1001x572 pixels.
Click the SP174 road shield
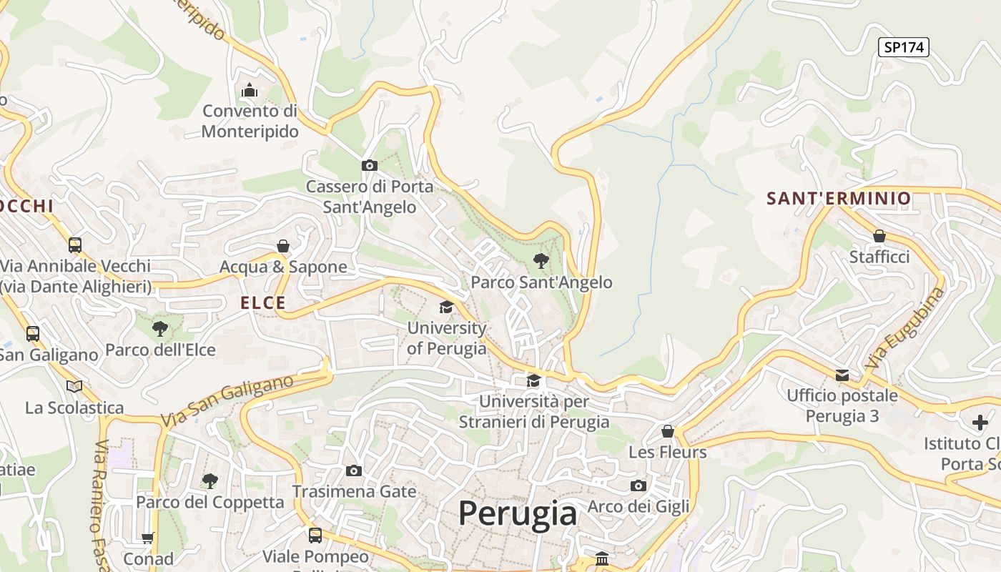pyautogui.click(x=903, y=47)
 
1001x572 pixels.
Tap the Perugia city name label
pyautogui.click(x=518, y=513)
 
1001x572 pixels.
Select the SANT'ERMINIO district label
pyautogui.click(x=839, y=198)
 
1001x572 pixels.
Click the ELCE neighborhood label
pyautogui.click(x=263, y=302)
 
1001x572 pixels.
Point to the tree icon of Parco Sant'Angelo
pyautogui.click(x=541, y=261)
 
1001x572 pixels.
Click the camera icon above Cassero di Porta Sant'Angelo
pyautogui.click(x=370, y=166)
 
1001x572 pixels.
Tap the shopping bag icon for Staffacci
pyautogui.click(x=879, y=236)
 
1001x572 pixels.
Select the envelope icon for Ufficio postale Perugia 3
pyautogui.click(x=842, y=375)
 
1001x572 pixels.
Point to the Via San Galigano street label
pyautogui.click(x=227, y=400)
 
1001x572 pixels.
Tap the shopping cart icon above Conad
pyautogui.click(x=148, y=538)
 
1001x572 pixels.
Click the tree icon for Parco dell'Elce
pyautogui.click(x=160, y=329)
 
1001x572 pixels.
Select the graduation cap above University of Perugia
pyautogui.click(x=446, y=307)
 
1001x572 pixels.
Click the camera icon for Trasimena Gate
pyautogui.click(x=354, y=470)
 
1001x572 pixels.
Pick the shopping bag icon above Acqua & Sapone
pyautogui.click(x=283, y=246)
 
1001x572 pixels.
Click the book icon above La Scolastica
pyautogui.click(x=74, y=386)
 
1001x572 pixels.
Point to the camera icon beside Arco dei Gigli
pyautogui.click(x=638, y=486)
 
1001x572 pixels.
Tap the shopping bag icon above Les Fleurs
pyautogui.click(x=667, y=431)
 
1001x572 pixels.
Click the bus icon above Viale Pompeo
pyautogui.click(x=315, y=535)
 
